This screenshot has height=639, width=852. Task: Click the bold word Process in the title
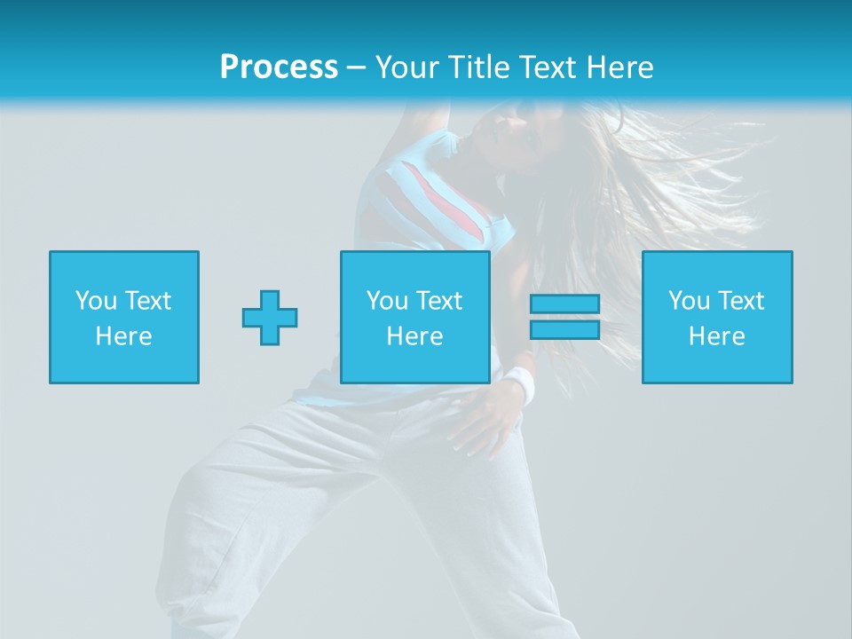click(x=279, y=67)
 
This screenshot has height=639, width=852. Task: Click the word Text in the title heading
click(x=547, y=67)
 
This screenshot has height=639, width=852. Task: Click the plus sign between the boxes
click(x=270, y=318)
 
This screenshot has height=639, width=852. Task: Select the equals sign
click(x=564, y=317)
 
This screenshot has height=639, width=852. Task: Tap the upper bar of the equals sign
click(x=564, y=304)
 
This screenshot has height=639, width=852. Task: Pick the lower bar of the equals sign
click(x=564, y=329)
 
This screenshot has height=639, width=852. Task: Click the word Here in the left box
click(x=124, y=336)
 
